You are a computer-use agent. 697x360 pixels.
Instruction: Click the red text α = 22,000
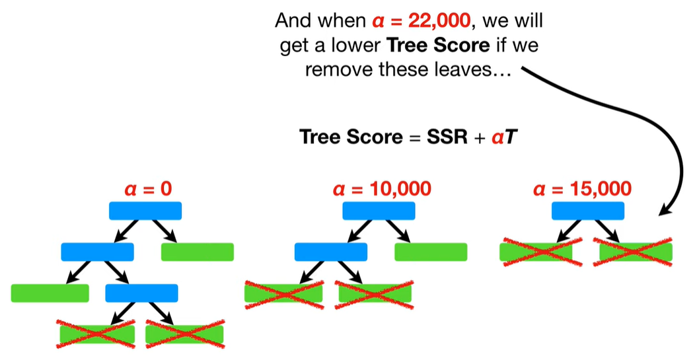420,20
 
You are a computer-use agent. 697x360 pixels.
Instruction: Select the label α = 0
148,190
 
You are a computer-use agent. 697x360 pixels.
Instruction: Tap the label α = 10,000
383,190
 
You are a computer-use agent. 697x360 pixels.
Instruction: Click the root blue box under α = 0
145,211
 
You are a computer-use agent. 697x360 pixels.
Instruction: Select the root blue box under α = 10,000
379,211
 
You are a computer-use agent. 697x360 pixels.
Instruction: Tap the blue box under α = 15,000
587,211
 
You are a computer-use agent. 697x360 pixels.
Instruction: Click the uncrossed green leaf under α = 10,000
431,252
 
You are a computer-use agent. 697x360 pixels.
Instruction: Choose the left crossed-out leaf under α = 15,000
536,252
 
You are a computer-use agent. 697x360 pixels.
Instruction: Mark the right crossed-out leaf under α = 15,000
636,252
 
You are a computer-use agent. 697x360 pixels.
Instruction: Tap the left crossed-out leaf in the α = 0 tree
97,334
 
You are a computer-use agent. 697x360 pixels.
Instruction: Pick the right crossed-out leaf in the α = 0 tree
185,334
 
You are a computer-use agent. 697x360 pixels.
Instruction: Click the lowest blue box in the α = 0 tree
141,293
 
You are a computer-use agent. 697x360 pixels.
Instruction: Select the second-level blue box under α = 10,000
330,252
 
